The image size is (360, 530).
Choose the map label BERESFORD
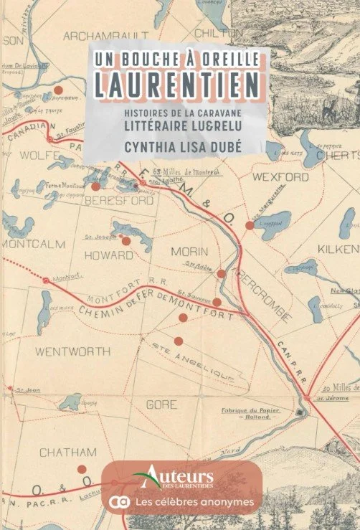[x=119, y=202]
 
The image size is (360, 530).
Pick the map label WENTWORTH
[x=72, y=352]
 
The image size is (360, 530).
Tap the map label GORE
[x=161, y=405]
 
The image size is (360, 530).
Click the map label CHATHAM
[x=67, y=453]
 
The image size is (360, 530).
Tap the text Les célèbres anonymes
[x=192, y=502]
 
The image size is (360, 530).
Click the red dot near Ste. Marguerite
[x=250, y=225]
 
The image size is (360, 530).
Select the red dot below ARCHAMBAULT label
[x=59, y=90]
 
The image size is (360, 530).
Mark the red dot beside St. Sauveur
[x=217, y=302]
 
